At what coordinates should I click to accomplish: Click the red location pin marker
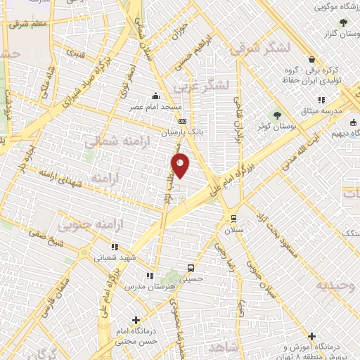click(181, 166)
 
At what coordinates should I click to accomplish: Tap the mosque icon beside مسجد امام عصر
click(155, 97)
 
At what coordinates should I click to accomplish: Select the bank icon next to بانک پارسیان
click(184, 120)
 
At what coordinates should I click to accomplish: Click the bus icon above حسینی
click(191, 267)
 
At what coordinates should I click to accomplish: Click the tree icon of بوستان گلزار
click(342, 22)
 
